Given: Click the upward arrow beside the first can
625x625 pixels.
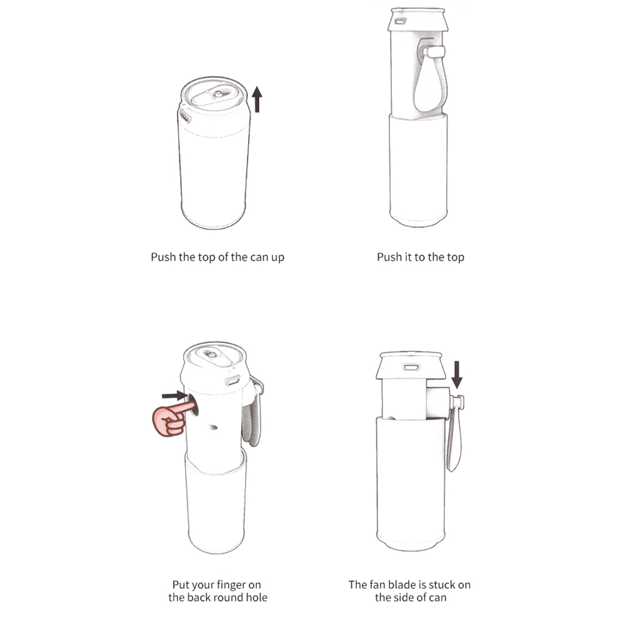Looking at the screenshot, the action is (257, 99).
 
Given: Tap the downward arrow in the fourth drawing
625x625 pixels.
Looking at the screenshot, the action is (457, 374).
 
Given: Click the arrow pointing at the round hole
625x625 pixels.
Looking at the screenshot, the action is (174, 396).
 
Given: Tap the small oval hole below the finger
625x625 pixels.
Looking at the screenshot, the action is (214, 427).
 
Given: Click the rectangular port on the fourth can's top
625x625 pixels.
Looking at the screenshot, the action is (411, 367).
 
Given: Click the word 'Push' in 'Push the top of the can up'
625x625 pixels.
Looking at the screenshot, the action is (163, 257).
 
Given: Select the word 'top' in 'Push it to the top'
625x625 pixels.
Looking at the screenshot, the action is (455, 257).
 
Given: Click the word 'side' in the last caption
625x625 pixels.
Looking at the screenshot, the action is (404, 597).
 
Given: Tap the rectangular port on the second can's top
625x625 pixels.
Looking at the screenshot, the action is (399, 21).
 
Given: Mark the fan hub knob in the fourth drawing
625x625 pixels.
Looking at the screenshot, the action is (457, 401).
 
